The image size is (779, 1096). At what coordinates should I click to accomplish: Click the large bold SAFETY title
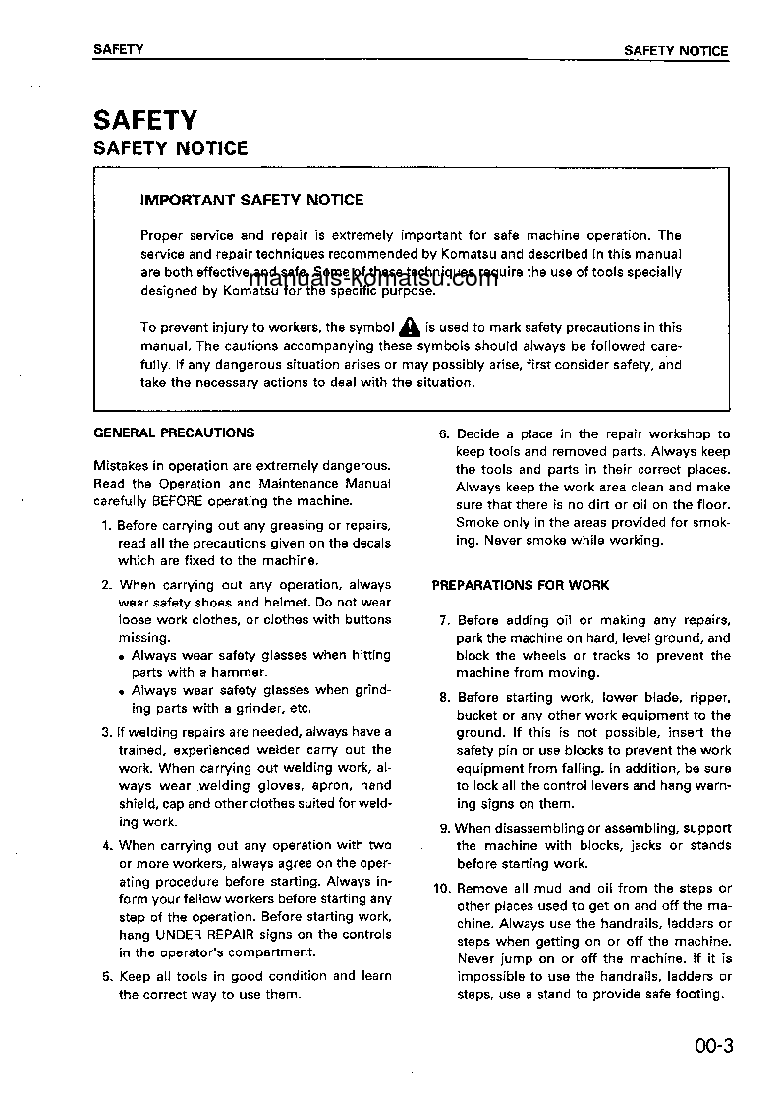[x=144, y=120]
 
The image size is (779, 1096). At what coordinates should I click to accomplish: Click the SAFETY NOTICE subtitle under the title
[x=170, y=148]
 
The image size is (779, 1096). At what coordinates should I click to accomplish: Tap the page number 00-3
[x=712, y=1045]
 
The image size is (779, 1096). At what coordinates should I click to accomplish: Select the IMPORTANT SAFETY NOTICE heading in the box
[x=252, y=201]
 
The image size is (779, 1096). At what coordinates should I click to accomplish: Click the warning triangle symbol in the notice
[x=410, y=327]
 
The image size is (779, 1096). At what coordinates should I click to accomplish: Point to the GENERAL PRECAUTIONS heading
[x=174, y=433]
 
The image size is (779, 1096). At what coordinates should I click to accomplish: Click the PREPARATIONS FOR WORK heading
[x=521, y=585]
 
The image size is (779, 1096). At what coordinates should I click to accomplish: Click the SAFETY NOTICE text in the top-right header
[x=676, y=51]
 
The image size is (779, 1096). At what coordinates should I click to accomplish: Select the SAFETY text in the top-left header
[x=118, y=50]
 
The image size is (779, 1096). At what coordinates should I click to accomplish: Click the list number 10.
[x=441, y=889]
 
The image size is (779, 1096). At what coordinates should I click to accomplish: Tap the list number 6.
[x=443, y=433]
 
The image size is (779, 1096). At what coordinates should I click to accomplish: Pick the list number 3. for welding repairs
[x=106, y=732]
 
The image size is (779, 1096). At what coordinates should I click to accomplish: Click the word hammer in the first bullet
[x=244, y=673]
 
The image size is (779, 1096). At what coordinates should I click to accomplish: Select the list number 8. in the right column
[x=444, y=697]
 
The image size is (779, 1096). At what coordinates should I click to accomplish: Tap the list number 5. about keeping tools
[x=107, y=976]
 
